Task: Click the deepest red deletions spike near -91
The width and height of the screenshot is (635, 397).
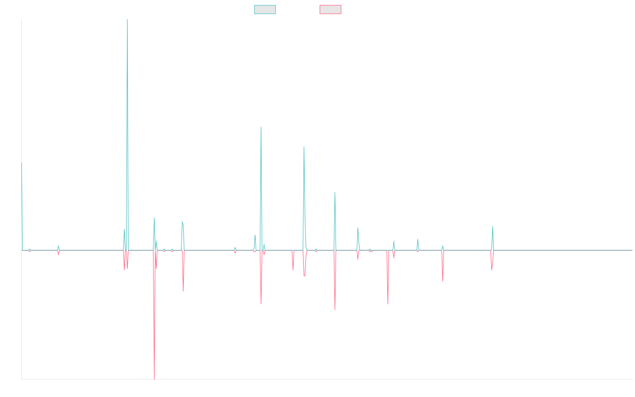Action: pos(155,377)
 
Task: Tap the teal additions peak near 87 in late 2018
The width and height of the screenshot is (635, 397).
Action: pos(261,128)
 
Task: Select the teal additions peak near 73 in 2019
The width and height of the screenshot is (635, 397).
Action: pos(304,148)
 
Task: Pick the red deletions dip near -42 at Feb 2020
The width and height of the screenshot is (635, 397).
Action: pos(335,309)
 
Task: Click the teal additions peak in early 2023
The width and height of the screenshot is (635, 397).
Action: pos(493,228)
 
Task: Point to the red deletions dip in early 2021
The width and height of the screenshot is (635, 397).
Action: pos(388,303)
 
